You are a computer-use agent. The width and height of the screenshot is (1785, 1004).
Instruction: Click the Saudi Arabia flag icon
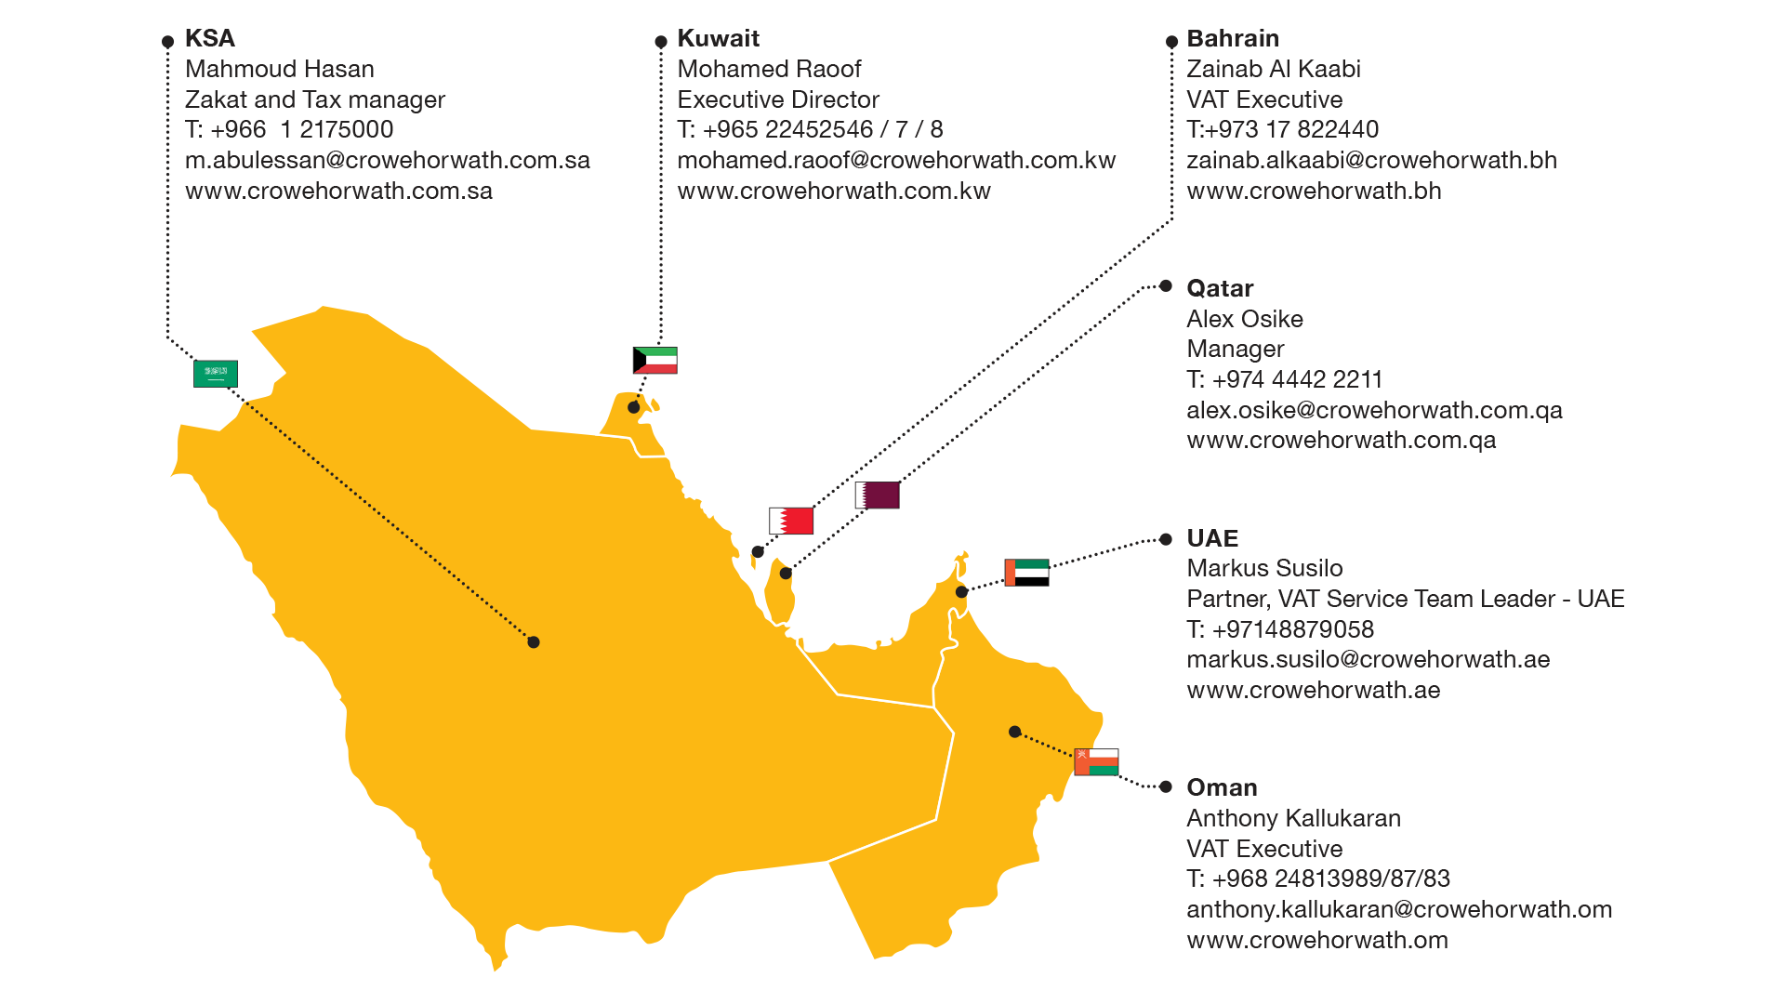coord(216,374)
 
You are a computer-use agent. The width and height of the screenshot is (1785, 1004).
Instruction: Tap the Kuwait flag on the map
coord(654,360)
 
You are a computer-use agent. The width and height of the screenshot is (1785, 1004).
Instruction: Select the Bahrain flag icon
coord(791,521)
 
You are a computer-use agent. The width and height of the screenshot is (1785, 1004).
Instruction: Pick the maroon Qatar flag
coord(878,495)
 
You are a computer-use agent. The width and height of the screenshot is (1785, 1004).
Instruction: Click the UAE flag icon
coord(1026,572)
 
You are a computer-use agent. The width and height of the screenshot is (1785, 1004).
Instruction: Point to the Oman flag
coord(1096,761)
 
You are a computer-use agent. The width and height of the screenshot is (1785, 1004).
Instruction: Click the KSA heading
coord(210,38)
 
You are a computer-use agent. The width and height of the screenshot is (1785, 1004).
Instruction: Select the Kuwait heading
coord(718,38)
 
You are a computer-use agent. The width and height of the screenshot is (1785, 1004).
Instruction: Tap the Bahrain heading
coord(1233,38)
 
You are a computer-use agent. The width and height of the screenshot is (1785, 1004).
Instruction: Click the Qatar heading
coord(1220,288)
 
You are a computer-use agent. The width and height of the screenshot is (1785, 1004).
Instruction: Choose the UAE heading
coord(1212,538)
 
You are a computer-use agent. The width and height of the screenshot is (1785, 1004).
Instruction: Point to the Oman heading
coord(1222,787)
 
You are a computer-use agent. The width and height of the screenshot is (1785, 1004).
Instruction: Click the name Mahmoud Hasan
coord(280,69)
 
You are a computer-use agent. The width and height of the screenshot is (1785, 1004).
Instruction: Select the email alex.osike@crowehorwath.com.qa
coord(1374,410)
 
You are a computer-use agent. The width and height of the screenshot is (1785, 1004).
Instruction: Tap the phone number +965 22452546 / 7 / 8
coord(822,129)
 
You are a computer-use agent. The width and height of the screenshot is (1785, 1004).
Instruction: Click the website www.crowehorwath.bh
coord(1314,191)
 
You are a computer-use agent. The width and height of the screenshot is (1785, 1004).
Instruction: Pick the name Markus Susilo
coord(1264,568)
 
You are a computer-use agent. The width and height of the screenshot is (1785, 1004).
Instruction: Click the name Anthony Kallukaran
coord(1293,818)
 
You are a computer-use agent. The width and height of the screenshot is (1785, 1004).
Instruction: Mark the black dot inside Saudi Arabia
coord(534,642)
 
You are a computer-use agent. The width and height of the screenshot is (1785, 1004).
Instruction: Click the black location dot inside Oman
coord(1015,732)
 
